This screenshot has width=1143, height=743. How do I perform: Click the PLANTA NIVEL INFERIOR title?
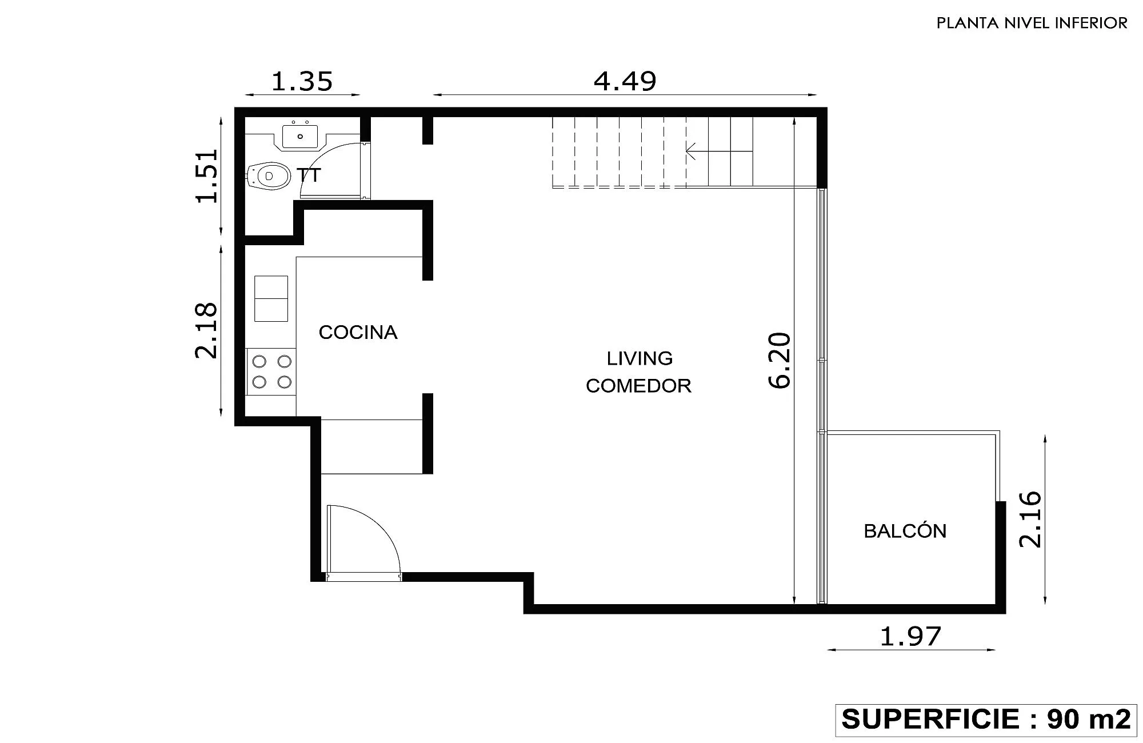(x=1032, y=23)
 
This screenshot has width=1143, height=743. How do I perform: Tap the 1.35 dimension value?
(x=302, y=81)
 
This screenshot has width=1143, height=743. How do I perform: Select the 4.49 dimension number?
(x=625, y=81)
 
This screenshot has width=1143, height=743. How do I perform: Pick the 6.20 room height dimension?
(x=780, y=361)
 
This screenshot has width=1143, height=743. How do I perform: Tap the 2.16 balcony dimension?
(x=1031, y=520)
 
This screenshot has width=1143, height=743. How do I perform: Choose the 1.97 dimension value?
(x=910, y=636)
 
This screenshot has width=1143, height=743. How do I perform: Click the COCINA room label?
(x=358, y=332)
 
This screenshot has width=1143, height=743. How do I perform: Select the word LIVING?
(x=640, y=358)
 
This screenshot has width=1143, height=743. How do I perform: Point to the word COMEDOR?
(x=638, y=386)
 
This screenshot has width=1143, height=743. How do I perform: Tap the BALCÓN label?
(x=905, y=530)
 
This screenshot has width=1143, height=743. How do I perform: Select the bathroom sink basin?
(x=299, y=136)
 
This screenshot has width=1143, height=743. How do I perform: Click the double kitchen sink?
(x=271, y=298)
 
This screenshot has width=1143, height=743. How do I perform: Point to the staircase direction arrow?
(x=719, y=151)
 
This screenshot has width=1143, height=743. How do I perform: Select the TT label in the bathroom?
(x=309, y=175)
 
